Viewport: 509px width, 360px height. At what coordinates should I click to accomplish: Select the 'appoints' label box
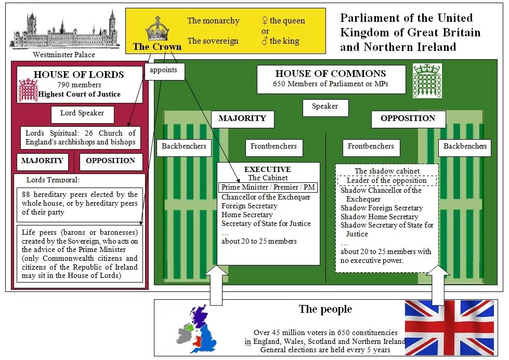click(164, 71)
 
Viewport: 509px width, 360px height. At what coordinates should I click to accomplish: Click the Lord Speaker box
click(82, 114)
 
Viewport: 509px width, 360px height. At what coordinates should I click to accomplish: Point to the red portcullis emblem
click(28, 90)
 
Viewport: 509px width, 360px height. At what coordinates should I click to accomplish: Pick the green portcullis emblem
click(427, 81)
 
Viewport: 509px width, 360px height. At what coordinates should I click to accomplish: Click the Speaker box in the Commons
click(325, 107)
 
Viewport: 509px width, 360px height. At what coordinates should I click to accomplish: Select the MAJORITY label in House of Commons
click(242, 119)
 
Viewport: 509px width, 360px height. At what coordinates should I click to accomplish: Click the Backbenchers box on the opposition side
click(465, 147)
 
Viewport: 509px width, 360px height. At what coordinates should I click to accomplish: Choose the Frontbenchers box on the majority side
click(273, 147)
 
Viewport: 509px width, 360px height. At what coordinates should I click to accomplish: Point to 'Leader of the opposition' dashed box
click(387, 181)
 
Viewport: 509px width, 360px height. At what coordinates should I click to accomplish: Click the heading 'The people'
click(325, 310)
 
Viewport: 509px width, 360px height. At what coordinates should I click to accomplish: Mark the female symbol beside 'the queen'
click(265, 21)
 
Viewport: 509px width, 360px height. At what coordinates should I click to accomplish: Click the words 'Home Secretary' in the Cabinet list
click(247, 215)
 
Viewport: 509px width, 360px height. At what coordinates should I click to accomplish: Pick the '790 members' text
click(79, 85)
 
